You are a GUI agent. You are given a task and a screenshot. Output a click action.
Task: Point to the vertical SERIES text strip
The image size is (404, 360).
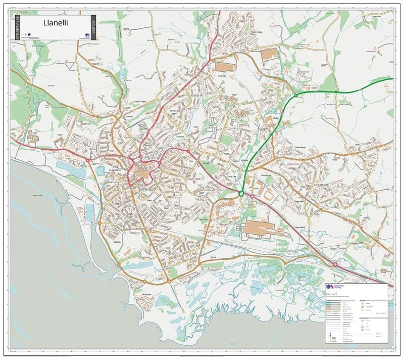pyautogui.click(x=93, y=27)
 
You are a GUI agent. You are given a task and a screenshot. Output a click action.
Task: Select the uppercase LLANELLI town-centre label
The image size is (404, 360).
pyautogui.click(x=115, y=170)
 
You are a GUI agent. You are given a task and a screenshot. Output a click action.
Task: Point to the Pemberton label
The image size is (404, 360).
pyautogui.click(x=266, y=176)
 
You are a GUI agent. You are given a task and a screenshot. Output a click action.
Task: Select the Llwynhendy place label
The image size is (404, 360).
pyautogui.click(x=299, y=227)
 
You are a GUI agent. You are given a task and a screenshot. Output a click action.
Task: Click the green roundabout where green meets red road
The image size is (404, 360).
pyautogui.click(x=241, y=193)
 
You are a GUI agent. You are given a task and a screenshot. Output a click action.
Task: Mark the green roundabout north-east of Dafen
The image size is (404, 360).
pyautogui.click(x=295, y=95)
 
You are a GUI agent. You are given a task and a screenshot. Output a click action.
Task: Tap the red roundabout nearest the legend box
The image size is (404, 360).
pyautogui.click(x=335, y=264)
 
